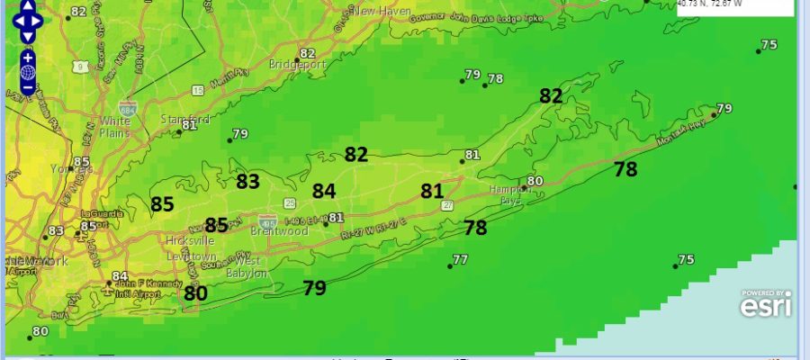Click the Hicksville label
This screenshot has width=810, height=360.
[188, 241]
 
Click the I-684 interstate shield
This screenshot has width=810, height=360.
[128, 107]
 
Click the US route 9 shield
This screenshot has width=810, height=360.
[82, 66]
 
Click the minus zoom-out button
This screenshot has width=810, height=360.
[28, 87]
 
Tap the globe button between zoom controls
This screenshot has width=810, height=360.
[28, 72]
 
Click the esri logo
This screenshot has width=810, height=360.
[765, 305]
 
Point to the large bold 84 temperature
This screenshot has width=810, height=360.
[324, 191]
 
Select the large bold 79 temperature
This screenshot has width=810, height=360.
[314, 288]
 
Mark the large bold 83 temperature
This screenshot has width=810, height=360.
[247, 181]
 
